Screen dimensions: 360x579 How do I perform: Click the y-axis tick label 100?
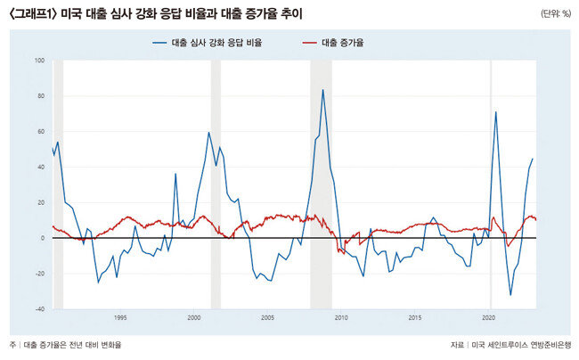click(x=40, y=61)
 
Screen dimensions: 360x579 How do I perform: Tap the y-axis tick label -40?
click(x=40, y=309)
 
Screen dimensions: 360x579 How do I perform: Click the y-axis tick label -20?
click(x=40, y=274)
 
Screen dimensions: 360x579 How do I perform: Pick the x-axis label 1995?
click(x=120, y=317)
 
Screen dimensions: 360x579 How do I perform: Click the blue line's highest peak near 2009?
click(x=323, y=89)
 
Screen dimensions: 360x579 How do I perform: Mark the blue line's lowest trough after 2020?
click(x=510, y=295)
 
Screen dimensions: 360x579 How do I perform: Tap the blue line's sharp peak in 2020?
click(x=495, y=111)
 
